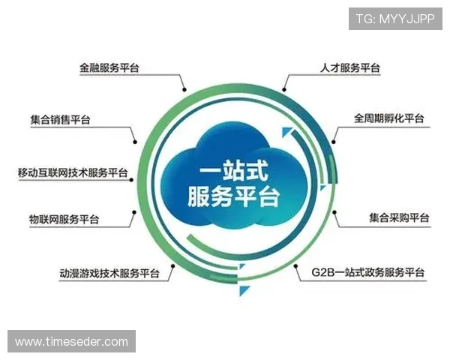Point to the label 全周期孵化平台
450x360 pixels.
click(388, 119)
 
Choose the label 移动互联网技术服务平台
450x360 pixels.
click(73, 173)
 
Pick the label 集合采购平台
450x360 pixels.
click(398, 218)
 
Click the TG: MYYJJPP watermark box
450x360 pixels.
click(394, 18)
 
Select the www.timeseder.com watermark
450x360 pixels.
click(72, 341)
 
